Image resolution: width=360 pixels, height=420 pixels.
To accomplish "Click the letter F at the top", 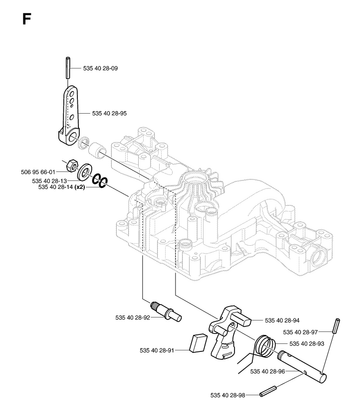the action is click(26, 19).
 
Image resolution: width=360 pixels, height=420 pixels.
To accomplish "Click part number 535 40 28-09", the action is click(101, 68).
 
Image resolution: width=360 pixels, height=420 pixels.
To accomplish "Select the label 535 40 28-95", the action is click(110, 114).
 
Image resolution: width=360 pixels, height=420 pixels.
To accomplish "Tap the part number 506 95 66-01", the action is click(38, 172).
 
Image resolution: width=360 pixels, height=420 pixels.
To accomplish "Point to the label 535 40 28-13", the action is click(50, 181).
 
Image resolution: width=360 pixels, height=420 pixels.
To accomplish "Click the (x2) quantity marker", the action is click(80, 187).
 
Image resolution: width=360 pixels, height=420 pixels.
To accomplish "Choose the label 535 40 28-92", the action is click(133, 318).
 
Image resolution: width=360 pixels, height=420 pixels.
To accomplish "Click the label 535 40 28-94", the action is click(282, 321).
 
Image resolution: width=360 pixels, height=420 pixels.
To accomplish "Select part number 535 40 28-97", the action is click(300, 332).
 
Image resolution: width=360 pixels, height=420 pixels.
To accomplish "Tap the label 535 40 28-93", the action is click(307, 344).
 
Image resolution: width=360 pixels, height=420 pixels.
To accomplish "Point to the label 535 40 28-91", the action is click(157, 350).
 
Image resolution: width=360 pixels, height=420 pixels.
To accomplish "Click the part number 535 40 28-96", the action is click(267, 371).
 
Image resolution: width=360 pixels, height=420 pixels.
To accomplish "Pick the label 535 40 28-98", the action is click(228, 395).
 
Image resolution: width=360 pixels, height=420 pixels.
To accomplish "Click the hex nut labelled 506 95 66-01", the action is click(73, 165).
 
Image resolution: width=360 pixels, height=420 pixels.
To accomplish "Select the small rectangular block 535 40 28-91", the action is click(198, 343).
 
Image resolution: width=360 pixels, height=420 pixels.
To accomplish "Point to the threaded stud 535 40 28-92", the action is click(166, 311).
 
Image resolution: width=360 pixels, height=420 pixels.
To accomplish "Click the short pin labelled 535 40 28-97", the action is click(337, 326).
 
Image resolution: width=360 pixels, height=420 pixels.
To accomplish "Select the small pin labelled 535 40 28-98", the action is click(267, 392).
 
